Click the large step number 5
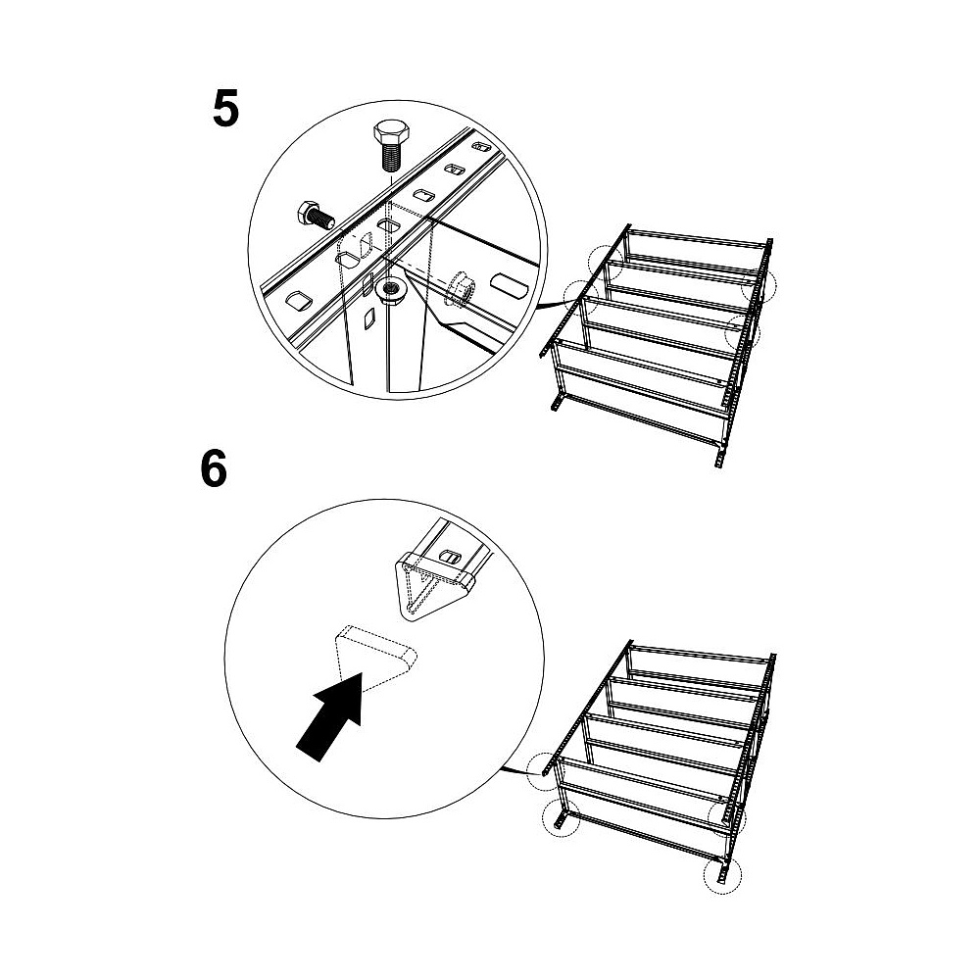[x=225, y=109]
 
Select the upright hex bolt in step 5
[x=392, y=146]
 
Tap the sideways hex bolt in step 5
[x=315, y=216]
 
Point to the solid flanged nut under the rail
[x=392, y=291]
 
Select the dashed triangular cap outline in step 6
[x=375, y=658]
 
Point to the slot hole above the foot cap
[x=450, y=556]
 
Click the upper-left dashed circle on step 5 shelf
[x=607, y=262]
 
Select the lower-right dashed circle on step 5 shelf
[x=743, y=333]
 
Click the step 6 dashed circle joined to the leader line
[x=545, y=770]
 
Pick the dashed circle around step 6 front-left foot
[x=561, y=817]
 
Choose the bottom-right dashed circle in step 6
[x=722, y=875]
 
